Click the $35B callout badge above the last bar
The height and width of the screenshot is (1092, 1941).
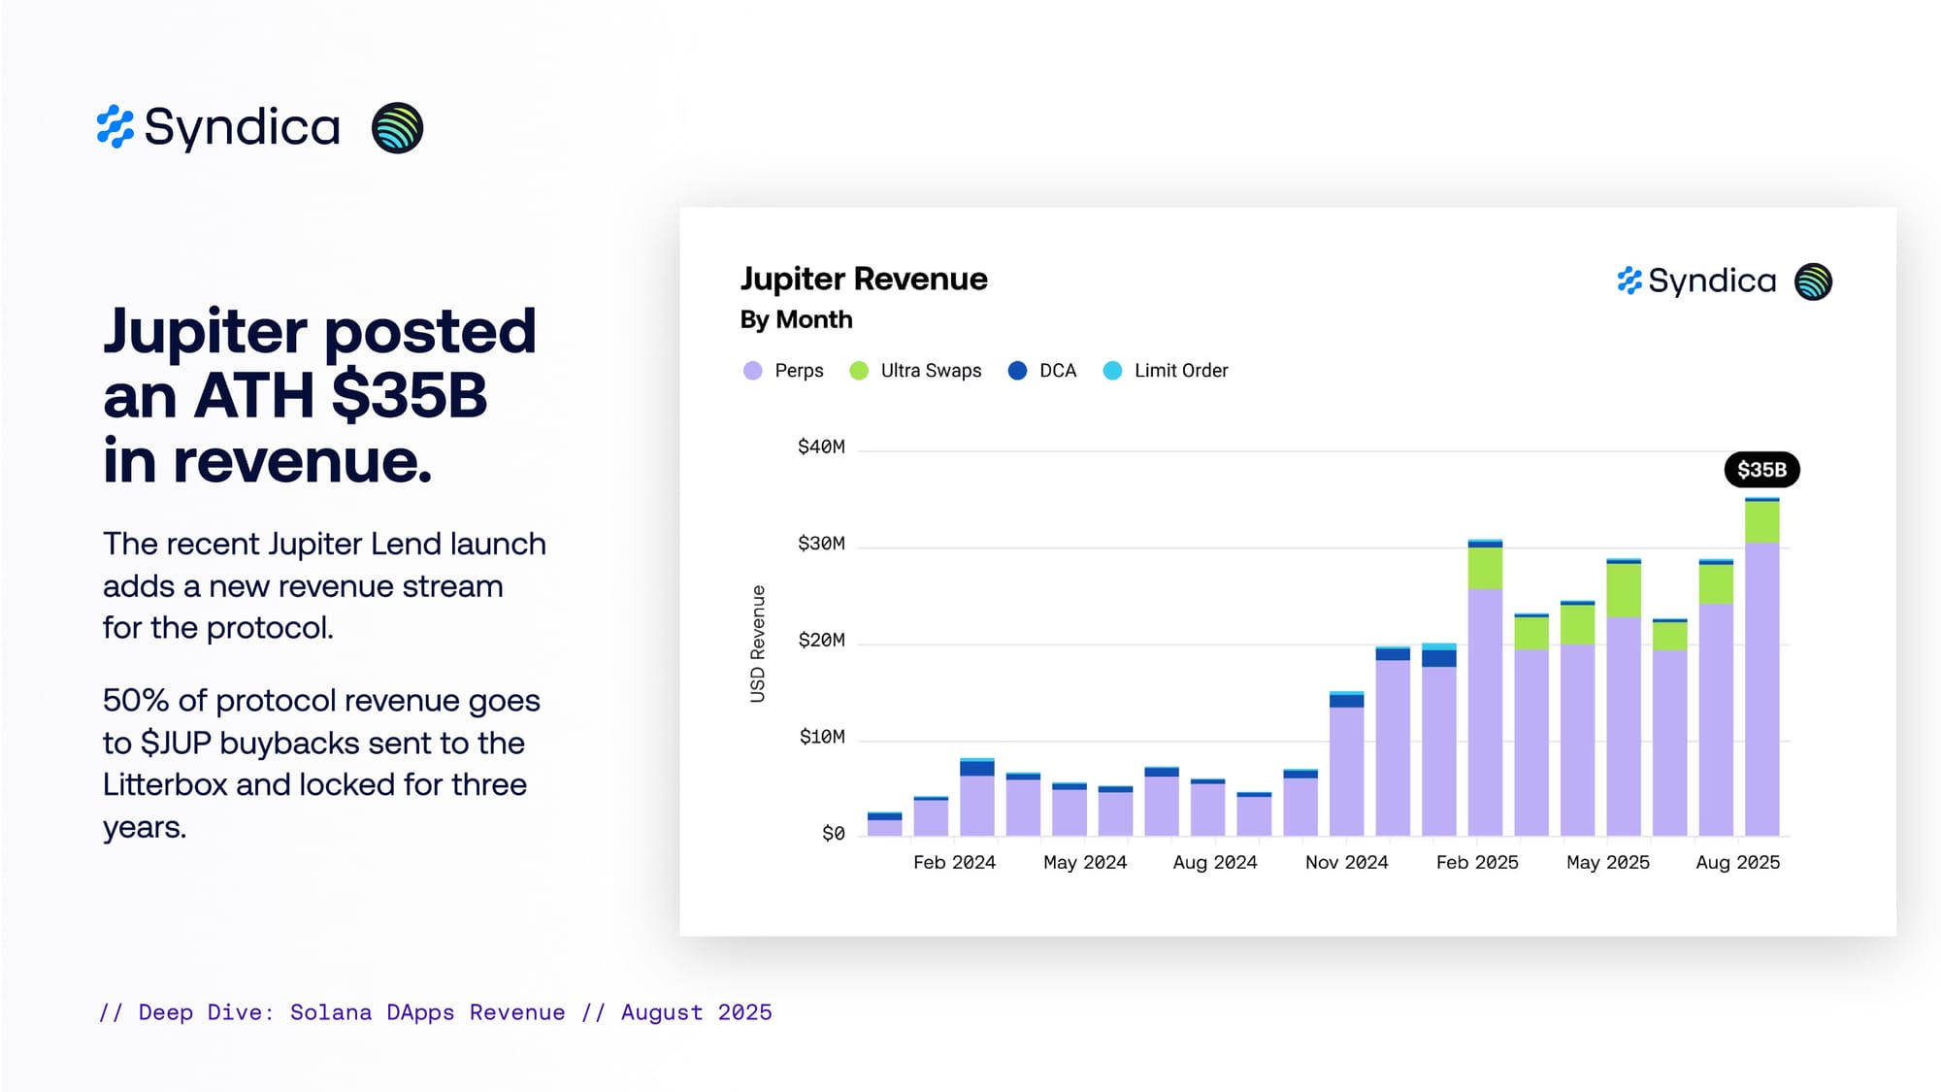[1761, 470]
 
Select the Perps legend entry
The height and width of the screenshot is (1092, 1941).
[783, 371]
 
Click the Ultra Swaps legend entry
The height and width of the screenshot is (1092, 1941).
[915, 371]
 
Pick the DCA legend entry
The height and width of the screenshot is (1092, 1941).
[1042, 371]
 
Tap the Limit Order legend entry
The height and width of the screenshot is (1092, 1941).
[1166, 371]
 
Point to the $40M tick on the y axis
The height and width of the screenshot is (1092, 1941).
[821, 447]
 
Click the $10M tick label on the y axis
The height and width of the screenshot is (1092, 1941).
[822, 737]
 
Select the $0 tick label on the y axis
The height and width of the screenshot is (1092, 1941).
[834, 834]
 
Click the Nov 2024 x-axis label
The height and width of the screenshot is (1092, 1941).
[1346, 862]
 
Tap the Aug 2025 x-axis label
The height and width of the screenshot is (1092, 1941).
[1737, 862]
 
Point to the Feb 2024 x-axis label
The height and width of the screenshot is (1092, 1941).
[954, 862]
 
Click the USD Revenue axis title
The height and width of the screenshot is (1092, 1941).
[758, 644]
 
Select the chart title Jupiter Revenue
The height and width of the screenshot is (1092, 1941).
[864, 280]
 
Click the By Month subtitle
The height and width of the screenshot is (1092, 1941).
[796, 319]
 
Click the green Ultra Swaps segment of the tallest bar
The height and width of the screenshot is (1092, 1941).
[1761, 522]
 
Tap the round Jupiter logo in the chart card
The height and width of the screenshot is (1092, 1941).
[1813, 282]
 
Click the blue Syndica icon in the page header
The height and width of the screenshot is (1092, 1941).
[115, 127]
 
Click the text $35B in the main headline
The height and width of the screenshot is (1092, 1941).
[409, 396]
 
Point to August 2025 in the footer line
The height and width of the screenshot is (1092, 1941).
[696, 1012]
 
